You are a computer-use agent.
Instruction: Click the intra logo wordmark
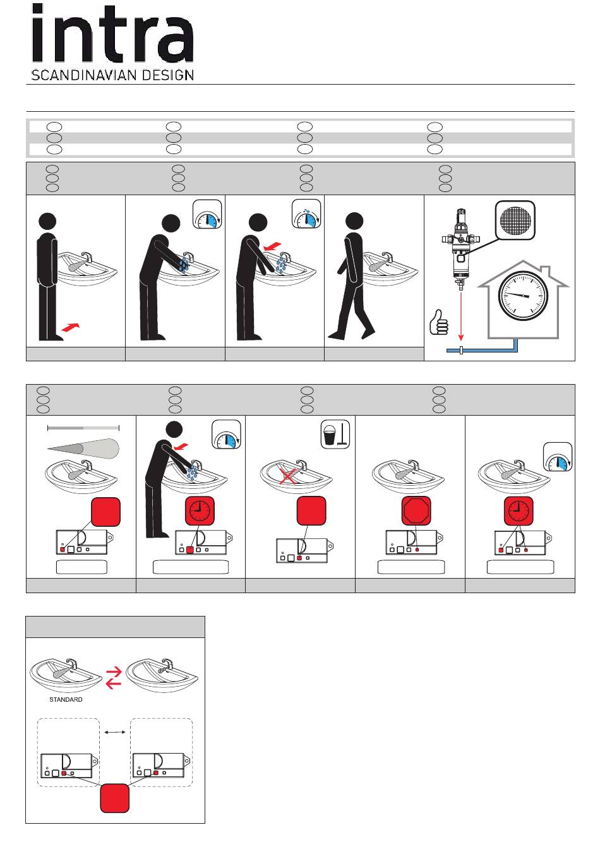click(112, 40)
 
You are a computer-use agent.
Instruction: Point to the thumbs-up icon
click(438, 323)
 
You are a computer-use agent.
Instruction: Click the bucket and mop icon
click(335, 434)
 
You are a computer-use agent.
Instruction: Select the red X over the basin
click(288, 474)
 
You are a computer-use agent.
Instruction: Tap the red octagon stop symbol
click(417, 512)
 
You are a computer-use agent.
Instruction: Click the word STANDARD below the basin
click(66, 699)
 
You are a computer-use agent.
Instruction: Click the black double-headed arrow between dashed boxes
click(115, 732)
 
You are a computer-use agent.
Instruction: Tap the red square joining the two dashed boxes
click(115, 799)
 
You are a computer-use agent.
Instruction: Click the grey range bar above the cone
click(83, 428)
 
